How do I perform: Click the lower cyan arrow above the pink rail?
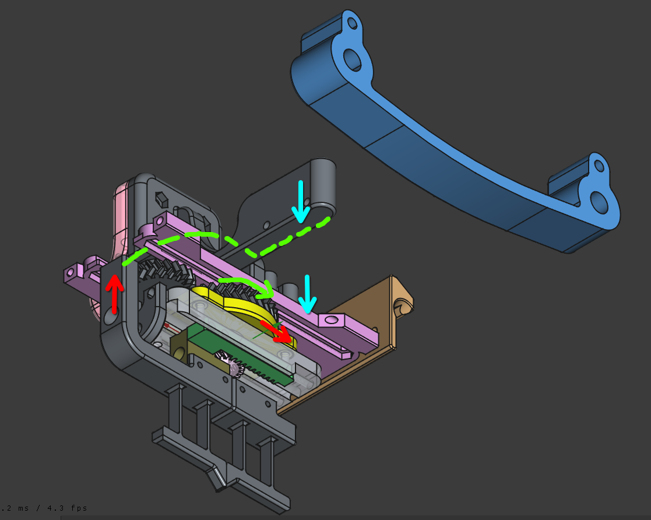point(307,294)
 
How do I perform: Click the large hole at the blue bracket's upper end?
point(351,58)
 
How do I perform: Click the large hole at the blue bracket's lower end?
point(599,201)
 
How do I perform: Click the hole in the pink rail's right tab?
point(331,319)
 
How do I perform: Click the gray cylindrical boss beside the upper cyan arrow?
point(323,187)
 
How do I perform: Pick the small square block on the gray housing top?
point(161,199)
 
